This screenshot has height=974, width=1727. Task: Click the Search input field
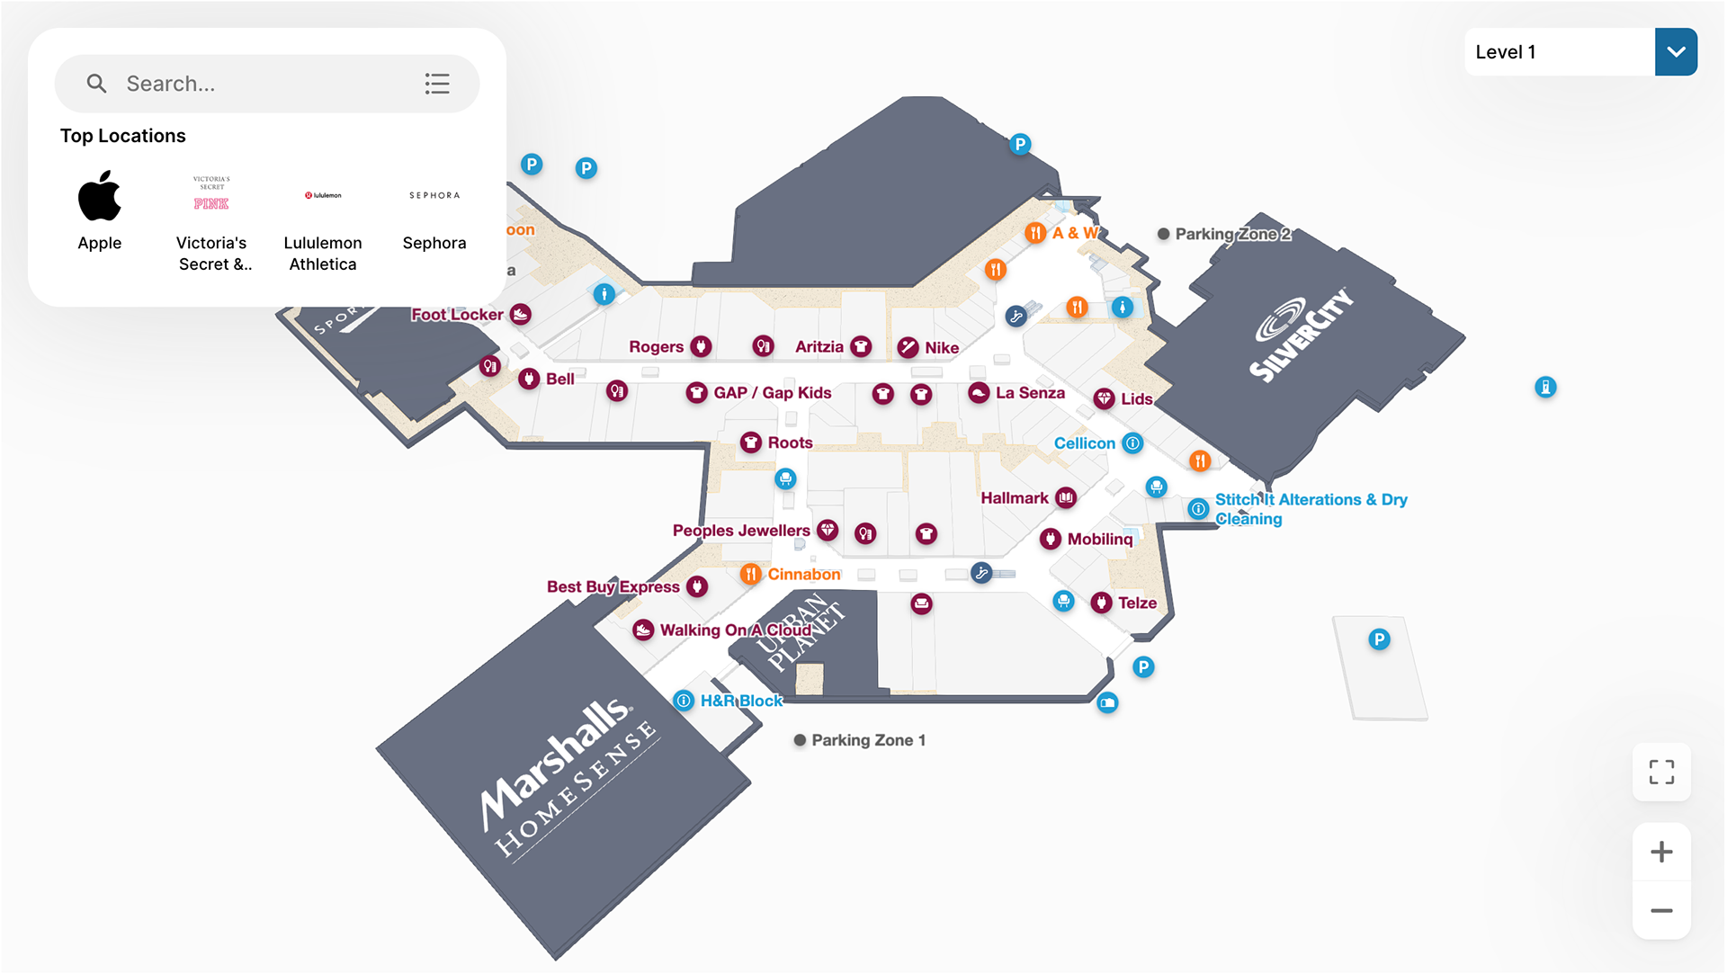[x=261, y=84]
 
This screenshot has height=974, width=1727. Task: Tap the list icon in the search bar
[x=437, y=84]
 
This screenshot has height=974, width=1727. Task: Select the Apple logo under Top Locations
[x=100, y=196]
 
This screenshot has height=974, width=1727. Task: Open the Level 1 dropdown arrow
[x=1676, y=52]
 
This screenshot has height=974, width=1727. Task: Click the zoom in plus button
[x=1661, y=852]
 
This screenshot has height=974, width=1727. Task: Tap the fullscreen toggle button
[x=1661, y=772]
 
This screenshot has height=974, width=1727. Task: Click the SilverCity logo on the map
[x=1302, y=335]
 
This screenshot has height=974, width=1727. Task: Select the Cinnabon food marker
[x=751, y=574]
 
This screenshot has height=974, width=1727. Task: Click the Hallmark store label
[x=1015, y=498]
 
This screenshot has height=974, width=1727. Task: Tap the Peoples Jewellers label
[x=741, y=531]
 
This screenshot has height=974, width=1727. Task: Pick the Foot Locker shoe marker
[x=521, y=314]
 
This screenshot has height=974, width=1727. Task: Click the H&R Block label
[x=741, y=701]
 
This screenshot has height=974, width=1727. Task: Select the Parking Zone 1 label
[x=868, y=740]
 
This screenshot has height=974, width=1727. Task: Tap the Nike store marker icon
[x=908, y=348]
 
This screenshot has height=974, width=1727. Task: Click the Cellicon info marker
[x=1133, y=442]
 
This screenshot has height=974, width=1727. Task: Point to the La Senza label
[x=1030, y=393]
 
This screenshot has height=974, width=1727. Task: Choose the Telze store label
[x=1137, y=603]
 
